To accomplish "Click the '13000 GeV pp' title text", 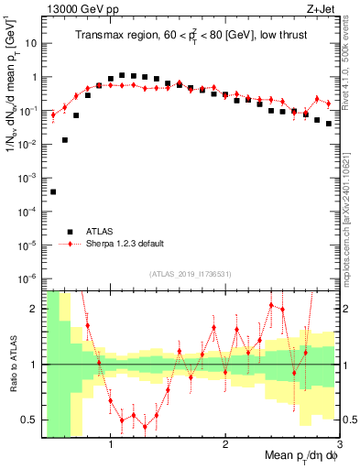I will [82, 10].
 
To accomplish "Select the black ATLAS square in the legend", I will [69, 231].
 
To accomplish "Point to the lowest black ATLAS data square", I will [53, 191].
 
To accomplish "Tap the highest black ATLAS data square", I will [122, 75].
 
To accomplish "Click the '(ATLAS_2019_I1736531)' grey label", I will [191, 274].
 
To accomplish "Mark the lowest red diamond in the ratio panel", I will [145, 426].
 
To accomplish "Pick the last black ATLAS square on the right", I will [328, 123].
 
